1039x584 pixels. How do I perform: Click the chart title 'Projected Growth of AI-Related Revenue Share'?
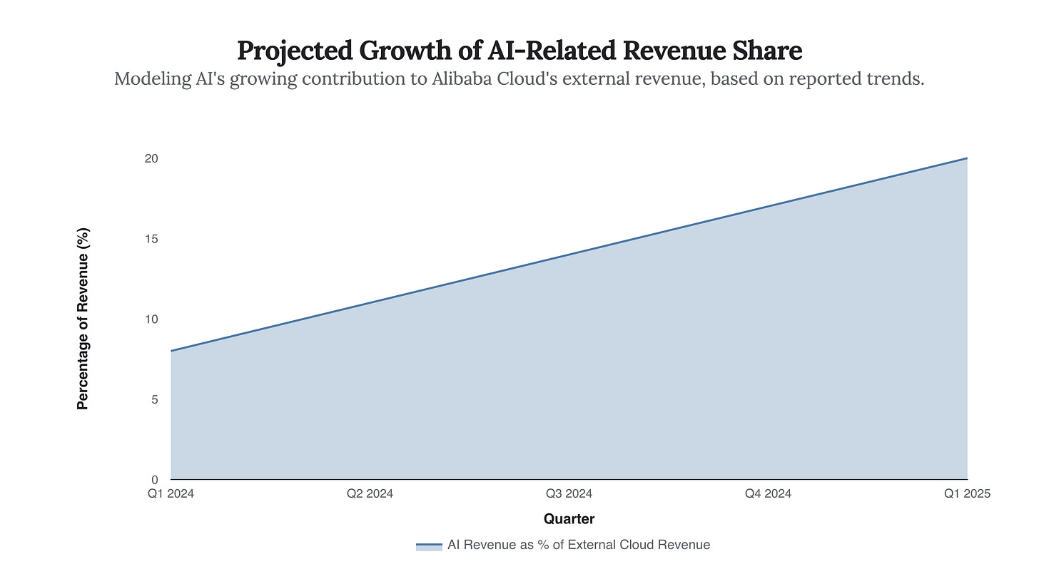coord(519,51)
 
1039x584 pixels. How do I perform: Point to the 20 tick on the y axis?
coord(151,158)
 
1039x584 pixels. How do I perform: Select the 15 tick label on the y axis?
coord(151,239)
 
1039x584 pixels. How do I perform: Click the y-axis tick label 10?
coord(151,319)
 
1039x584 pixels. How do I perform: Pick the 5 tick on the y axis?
coord(153,399)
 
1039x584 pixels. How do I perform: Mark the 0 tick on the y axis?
coord(153,480)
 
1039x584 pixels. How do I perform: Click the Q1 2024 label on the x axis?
coord(171,493)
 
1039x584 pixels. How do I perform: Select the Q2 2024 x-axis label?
coord(370,493)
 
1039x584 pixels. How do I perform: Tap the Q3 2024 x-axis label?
coord(569,493)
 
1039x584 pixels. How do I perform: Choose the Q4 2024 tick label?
coord(768,493)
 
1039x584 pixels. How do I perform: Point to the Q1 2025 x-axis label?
coord(966,493)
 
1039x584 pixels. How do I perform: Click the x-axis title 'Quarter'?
coord(569,519)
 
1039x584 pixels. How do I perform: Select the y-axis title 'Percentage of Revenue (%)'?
coord(83,319)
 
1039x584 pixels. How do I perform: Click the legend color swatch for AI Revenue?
coord(429,545)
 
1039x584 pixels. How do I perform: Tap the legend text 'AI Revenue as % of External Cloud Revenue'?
coord(579,545)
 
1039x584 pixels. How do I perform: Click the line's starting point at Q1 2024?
coord(171,351)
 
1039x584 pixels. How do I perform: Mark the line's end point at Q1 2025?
coord(967,158)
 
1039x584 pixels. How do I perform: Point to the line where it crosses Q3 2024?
coord(569,255)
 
